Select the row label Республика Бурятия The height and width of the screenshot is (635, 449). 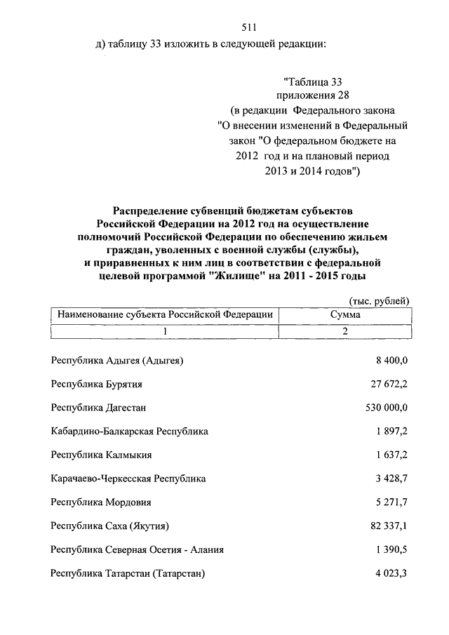point(97,384)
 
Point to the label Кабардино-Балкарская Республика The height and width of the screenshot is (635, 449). point(129,432)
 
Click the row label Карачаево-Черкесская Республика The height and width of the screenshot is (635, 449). point(128,479)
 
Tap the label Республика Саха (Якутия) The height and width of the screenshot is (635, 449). point(110,526)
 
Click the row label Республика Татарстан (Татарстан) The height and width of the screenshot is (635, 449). point(128,573)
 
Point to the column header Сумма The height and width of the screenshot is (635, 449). point(345,315)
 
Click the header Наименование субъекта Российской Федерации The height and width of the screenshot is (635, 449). point(165,315)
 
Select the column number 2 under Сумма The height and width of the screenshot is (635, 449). point(345,331)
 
